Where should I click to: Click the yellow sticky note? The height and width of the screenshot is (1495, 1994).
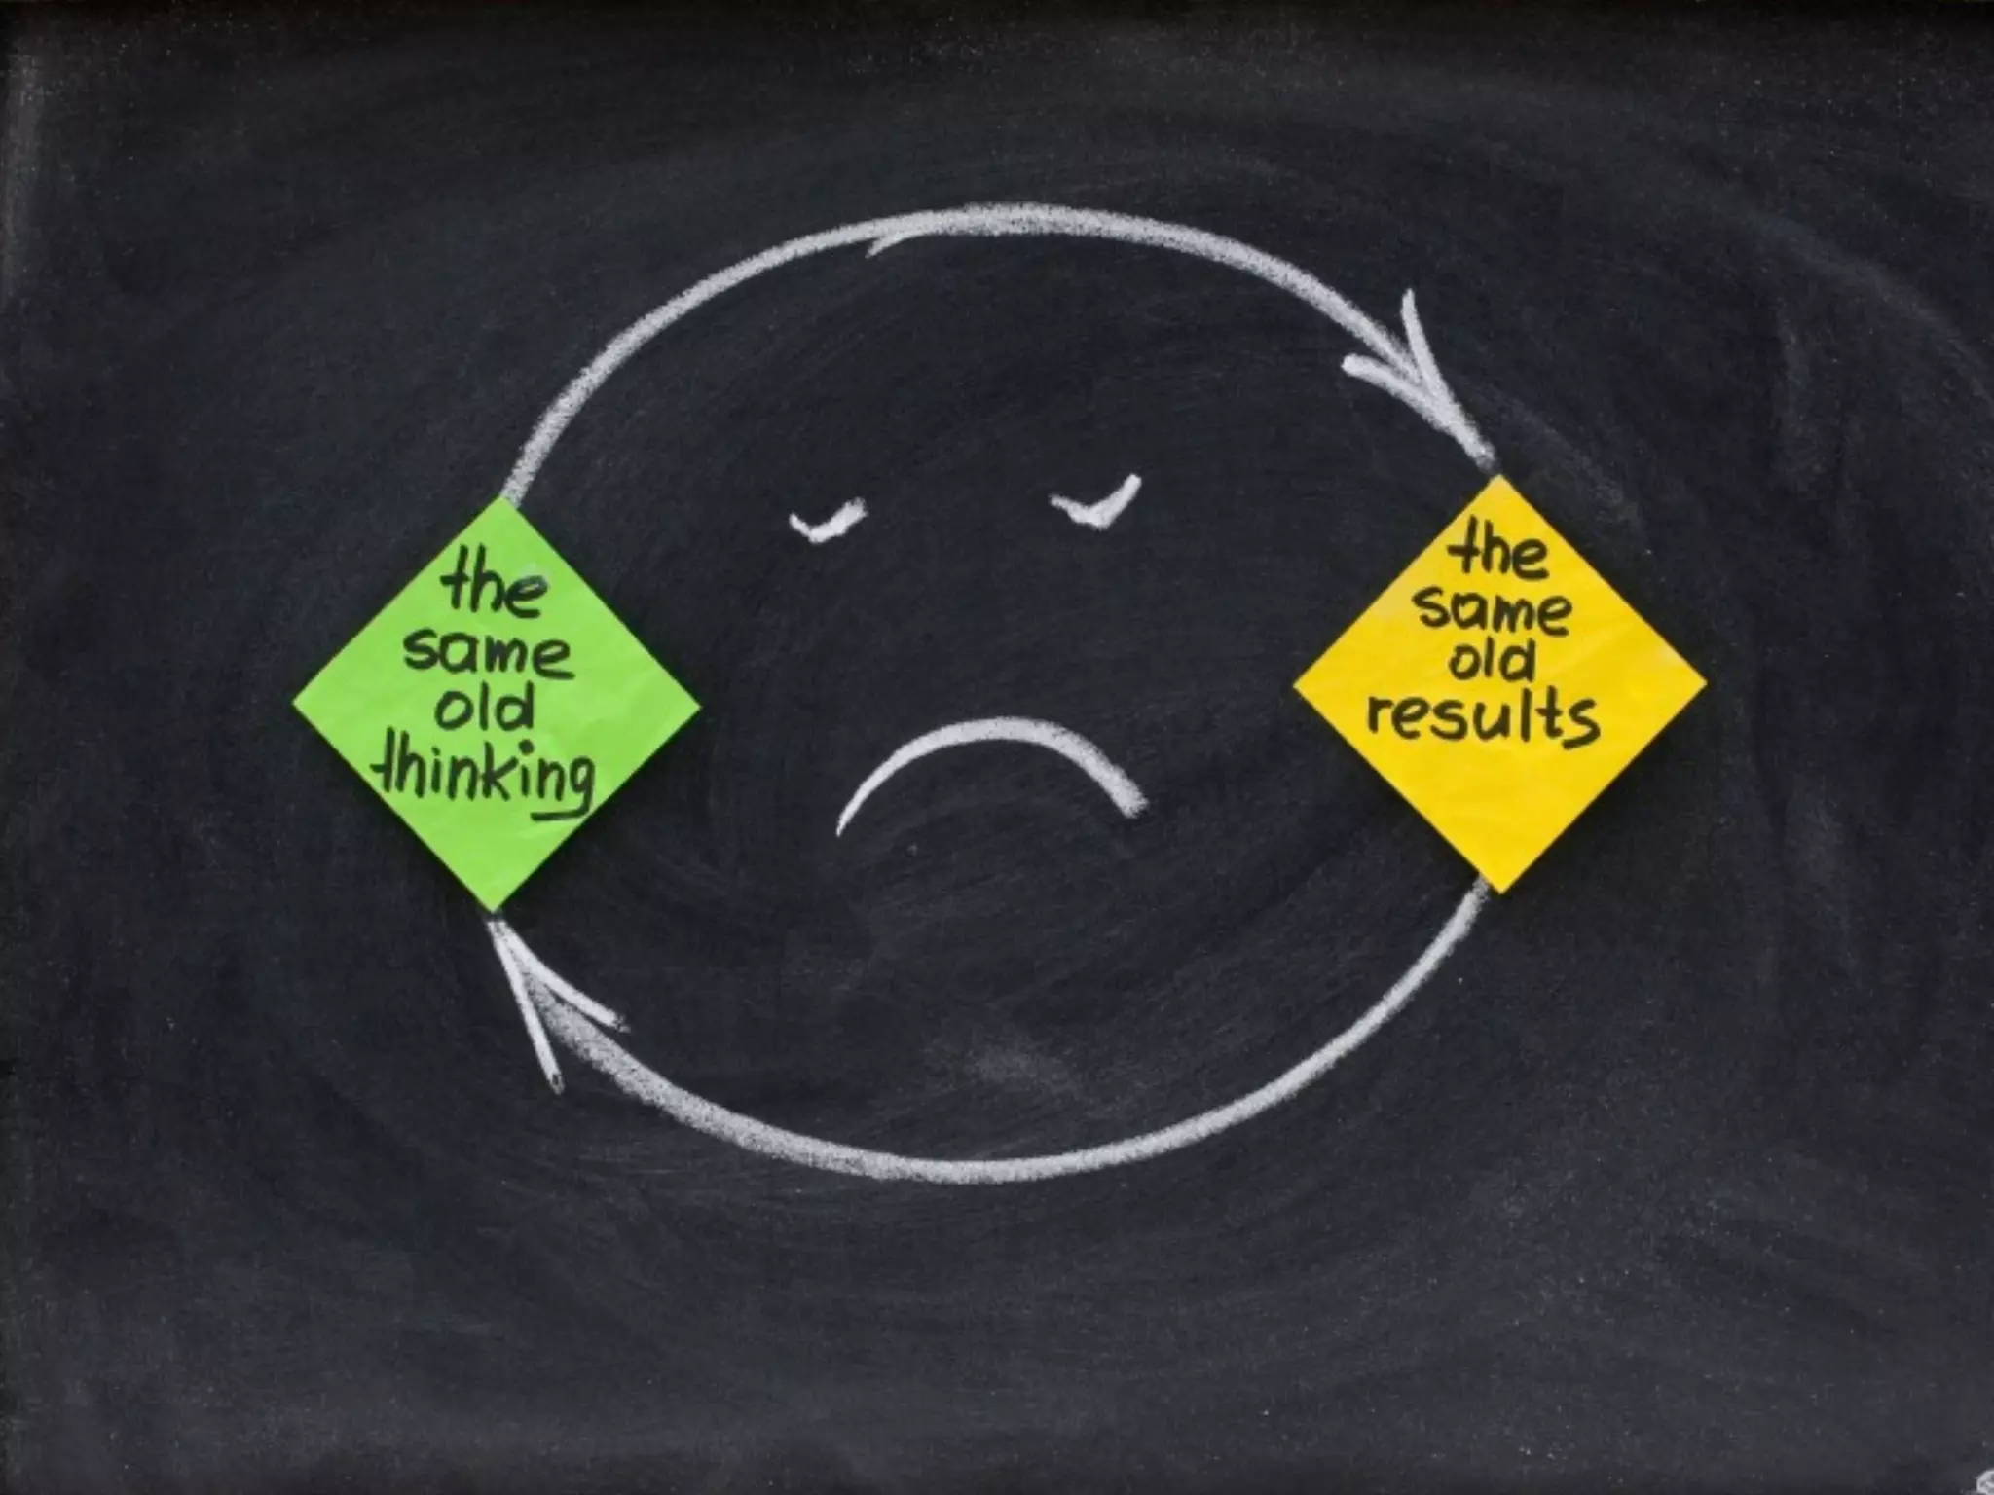click(x=1499, y=681)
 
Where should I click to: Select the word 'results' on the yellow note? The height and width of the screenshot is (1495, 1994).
click(x=1483, y=718)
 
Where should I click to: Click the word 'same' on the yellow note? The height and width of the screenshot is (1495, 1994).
click(x=1494, y=611)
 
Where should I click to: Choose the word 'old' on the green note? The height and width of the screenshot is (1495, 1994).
click(x=484, y=711)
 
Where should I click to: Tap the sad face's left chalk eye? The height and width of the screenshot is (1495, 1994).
click(x=828, y=521)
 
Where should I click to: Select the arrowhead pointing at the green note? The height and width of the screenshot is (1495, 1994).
click(x=535, y=983)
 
